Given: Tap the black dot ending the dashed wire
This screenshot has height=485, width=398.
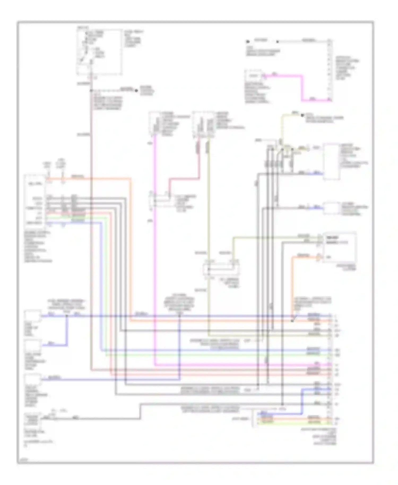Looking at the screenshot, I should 137,90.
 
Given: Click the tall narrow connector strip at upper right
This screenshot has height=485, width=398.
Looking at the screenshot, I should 329,70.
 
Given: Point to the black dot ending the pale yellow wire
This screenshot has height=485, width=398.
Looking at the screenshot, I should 302,115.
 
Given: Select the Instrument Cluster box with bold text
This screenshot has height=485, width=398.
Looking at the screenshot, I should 339,247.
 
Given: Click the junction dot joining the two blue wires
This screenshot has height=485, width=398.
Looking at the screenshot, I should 67,316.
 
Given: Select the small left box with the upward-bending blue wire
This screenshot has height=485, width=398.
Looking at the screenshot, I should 33,346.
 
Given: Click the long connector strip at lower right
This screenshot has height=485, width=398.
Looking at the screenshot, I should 330,369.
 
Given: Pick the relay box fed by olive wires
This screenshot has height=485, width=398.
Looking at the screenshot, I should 221,269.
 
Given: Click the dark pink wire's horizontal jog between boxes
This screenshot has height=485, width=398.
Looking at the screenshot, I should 184,180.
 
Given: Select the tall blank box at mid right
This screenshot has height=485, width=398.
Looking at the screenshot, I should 331,162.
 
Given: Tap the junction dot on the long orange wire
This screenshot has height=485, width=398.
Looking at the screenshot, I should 292,321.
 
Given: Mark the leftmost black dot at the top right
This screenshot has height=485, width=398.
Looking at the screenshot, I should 248,42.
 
